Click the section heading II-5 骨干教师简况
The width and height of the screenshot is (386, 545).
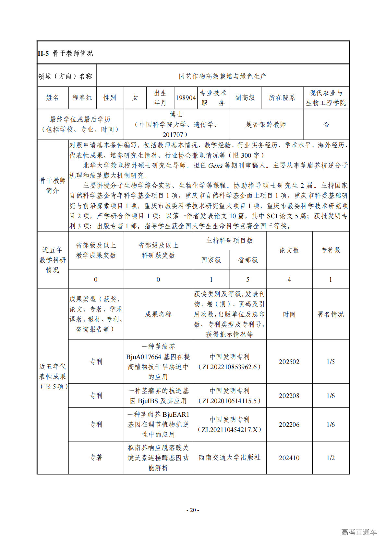click(65, 53)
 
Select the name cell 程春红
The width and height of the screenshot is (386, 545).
click(82, 97)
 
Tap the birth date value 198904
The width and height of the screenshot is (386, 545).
click(186, 97)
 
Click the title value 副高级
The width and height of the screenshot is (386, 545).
click(245, 97)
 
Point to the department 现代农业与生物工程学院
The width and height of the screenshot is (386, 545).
click(326, 97)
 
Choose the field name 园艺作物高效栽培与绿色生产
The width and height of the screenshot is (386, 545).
click(223, 76)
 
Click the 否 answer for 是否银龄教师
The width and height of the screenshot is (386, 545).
click(326, 124)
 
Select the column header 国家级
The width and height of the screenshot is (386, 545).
click(211, 260)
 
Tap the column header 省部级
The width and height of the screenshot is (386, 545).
click(248, 260)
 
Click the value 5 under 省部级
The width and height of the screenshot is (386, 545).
click(248, 279)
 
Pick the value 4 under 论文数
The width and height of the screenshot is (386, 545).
click(289, 279)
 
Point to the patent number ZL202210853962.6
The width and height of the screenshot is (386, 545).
click(229, 367)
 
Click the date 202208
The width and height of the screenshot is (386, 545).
click(289, 396)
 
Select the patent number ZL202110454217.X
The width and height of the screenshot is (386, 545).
click(229, 430)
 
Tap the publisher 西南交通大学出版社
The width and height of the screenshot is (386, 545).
click(229, 458)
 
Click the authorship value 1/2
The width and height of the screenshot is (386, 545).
click(331, 458)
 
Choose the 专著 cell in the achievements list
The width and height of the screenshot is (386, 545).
click(96, 458)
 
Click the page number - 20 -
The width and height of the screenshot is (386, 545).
click(193, 510)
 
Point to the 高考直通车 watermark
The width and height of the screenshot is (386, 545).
click(359, 532)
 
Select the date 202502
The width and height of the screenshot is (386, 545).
click(289, 362)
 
